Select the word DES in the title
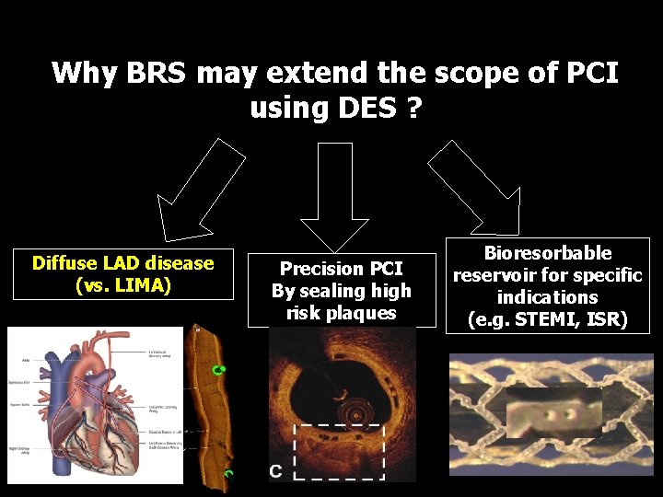tap(364, 108)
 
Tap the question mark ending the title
tap(413, 108)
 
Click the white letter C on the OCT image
tap(275, 471)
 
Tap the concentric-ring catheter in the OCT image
tap(351, 409)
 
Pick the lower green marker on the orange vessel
tap(228, 473)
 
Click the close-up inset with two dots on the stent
tap(553, 411)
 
